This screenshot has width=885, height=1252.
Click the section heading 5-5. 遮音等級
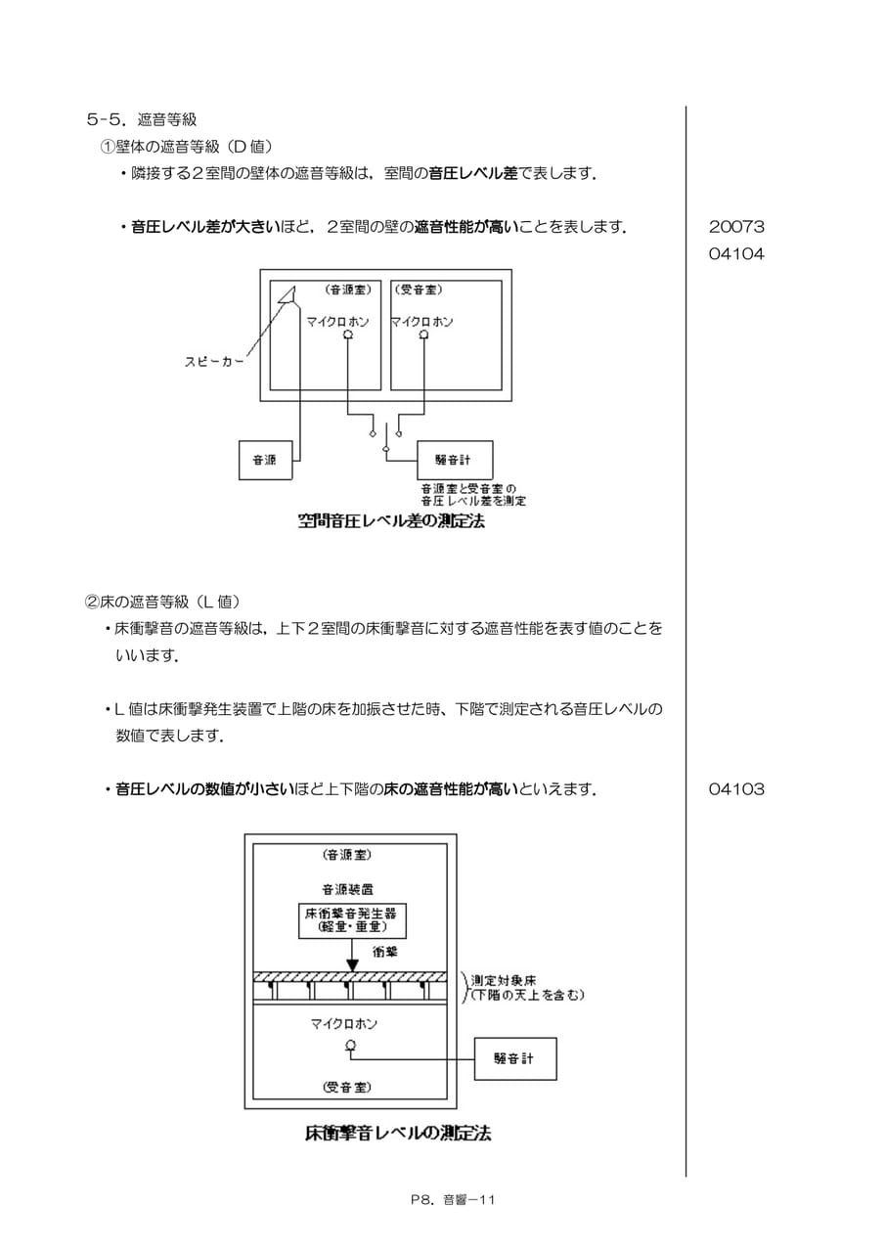coord(142,119)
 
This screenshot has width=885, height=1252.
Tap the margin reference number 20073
coord(736,226)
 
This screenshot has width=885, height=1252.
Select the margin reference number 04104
coord(736,253)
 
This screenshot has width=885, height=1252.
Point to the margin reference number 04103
coord(736,788)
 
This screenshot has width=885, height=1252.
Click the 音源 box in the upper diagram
coord(265,460)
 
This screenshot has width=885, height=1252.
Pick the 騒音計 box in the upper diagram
coord(455,460)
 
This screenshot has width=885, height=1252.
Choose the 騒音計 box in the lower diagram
coord(515,1058)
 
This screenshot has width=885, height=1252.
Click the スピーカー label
coord(214,362)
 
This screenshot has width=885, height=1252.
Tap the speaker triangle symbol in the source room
coord(287,295)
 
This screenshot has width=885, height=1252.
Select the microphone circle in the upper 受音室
coord(424,335)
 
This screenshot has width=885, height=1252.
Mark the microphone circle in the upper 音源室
coord(348,335)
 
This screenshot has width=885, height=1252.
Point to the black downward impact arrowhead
coord(352,965)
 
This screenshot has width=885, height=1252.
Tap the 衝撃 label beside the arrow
coord(385,952)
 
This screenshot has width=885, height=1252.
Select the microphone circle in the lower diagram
coord(351,1045)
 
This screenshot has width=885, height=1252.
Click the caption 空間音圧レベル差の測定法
coord(391,521)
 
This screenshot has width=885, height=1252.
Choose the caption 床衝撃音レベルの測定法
coord(398,1133)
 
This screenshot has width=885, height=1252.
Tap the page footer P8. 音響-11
coord(453,1200)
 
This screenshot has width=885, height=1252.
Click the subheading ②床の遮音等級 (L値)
coord(162,602)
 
